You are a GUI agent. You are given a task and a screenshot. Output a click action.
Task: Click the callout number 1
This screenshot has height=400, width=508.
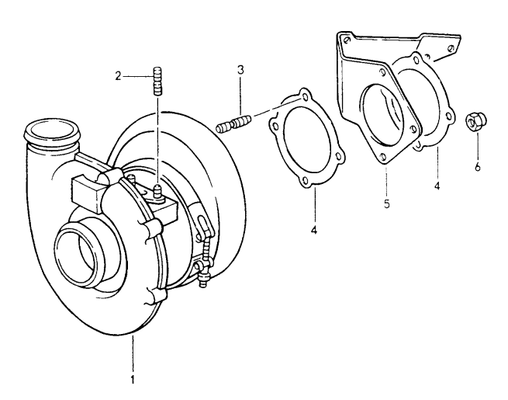(133, 380)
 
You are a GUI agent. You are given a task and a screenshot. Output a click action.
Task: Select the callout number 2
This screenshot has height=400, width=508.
(118, 75)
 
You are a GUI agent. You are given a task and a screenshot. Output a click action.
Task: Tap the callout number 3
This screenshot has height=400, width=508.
(241, 70)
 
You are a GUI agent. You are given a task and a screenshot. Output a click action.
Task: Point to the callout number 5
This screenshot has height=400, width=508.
(385, 205)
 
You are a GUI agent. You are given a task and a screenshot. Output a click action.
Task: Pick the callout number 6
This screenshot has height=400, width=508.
(478, 166)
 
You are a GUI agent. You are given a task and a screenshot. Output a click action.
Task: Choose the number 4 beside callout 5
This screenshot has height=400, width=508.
(436, 186)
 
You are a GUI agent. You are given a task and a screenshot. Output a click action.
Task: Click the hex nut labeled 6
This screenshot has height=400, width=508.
(472, 122)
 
